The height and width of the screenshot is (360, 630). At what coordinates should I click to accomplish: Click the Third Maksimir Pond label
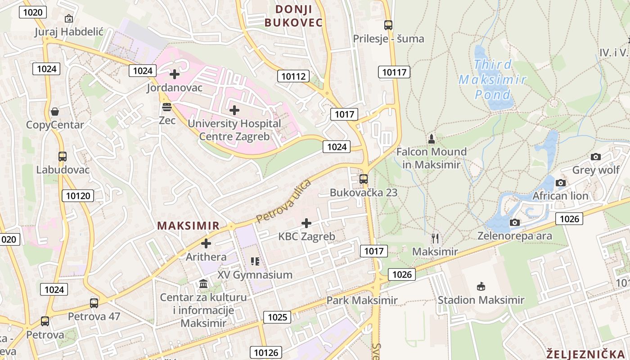[x=493, y=80]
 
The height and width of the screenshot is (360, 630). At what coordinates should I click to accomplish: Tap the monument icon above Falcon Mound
[x=432, y=139]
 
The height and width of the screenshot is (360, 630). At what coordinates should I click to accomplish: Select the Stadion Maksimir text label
[x=481, y=300]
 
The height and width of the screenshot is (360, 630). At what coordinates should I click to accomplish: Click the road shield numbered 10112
[x=293, y=76]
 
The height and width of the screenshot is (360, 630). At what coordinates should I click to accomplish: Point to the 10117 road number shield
[x=394, y=72]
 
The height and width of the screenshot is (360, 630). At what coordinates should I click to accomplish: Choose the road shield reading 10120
[x=78, y=195]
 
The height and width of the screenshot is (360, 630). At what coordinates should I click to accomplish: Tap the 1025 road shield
[x=277, y=317]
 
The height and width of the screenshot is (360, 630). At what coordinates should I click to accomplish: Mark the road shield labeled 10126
[x=266, y=352]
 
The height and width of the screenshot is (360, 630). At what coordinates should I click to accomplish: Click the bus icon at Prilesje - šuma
[x=388, y=25]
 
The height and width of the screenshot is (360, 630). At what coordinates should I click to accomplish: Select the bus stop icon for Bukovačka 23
[x=364, y=179]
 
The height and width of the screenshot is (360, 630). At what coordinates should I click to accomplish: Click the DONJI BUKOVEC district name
[x=293, y=16]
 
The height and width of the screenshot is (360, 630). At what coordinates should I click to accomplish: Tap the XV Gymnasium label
[x=255, y=274]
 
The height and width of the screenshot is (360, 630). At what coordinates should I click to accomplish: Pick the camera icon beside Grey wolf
[x=596, y=157]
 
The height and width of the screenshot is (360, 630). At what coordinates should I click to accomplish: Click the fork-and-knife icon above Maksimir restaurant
[x=435, y=238]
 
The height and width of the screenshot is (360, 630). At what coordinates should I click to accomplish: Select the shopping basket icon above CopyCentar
[x=55, y=111]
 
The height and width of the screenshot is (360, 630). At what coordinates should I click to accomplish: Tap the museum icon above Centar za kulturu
[x=203, y=284]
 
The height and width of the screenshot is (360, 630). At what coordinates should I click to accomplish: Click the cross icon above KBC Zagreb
[x=306, y=223]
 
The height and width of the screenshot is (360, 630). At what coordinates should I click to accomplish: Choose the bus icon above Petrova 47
[x=94, y=303]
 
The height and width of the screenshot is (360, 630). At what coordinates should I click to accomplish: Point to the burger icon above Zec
[x=167, y=107]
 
